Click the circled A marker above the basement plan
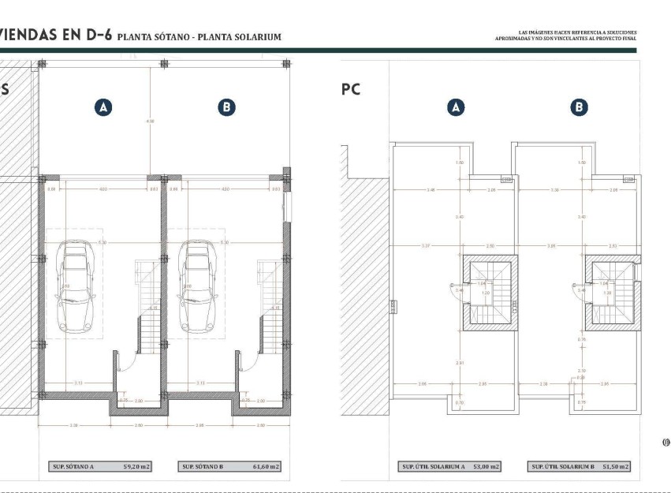click(103, 108)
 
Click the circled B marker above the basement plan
click(226, 108)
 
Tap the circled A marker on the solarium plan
click(456, 108)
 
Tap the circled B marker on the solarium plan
click(580, 108)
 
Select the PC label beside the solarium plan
click(351, 90)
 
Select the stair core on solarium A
click(489, 294)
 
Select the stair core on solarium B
click(613, 294)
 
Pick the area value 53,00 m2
click(485, 467)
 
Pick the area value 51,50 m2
click(615, 467)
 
